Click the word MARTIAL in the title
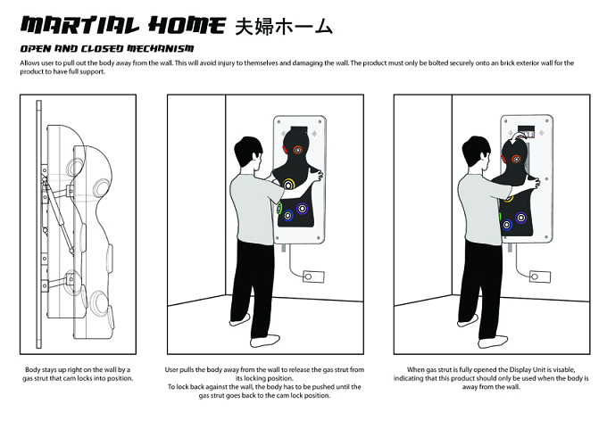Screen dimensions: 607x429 [x=79, y=26]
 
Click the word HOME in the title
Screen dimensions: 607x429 [x=187, y=26]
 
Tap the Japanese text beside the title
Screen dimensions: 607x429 [x=284, y=27]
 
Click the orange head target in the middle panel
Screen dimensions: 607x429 [x=297, y=150]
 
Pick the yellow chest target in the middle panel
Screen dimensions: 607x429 [x=289, y=185]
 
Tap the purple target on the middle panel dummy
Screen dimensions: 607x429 [x=302, y=209]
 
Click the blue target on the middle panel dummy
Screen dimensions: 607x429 [x=287, y=216]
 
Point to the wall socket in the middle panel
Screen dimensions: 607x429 [x=313, y=276]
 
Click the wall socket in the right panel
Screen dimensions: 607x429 [x=540, y=276]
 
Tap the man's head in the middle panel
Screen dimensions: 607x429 [x=247, y=152]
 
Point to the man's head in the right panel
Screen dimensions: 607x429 [x=476, y=152]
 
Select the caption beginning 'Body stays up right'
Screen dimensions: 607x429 [x=78, y=374]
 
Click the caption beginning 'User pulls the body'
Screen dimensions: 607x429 [x=264, y=383]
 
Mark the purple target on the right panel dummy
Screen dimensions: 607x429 [x=521, y=218]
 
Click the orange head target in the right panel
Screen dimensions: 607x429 [x=517, y=159]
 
